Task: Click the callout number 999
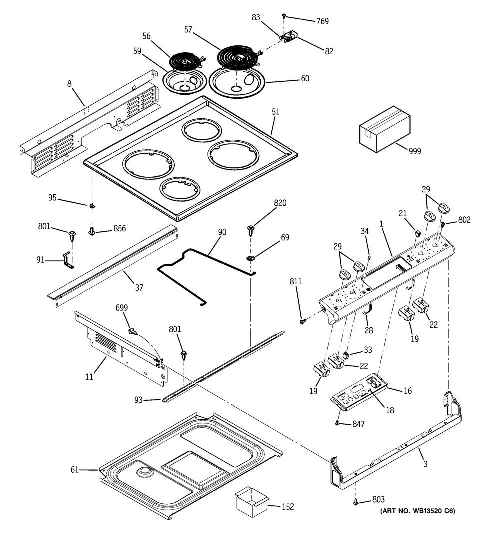coord(414,151)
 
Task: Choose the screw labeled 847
coord(337,423)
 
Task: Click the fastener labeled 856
coord(92,231)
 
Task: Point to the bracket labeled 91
coord(66,259)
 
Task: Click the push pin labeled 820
coord(251,231)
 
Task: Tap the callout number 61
coord(74,469)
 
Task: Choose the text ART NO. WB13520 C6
coord(416,511)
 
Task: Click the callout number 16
coord(408,391)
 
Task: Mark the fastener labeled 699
coord(132,331)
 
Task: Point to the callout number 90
coord(222,232)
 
